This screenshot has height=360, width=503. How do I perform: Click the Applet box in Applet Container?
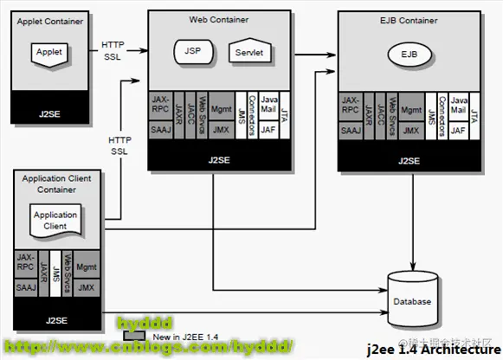[x=49, y=53]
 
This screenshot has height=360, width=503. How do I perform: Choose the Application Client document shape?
[x=55, y=220]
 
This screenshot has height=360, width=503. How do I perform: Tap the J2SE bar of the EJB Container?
[x=408, y=159]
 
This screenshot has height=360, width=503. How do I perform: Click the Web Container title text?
[x=218, y=18]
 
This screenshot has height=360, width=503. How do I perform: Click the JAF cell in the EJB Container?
[x=458, y=131]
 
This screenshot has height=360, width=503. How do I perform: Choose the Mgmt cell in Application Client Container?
[x=86, y=267]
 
